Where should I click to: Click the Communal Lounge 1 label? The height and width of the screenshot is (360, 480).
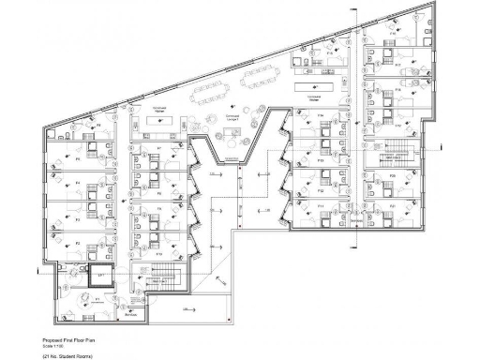pos(232,120)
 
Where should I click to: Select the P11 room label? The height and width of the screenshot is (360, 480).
pos(321,205)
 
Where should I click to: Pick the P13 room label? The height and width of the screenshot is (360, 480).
pos(321,160)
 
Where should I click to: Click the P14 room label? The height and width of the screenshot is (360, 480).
pos(321,117)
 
